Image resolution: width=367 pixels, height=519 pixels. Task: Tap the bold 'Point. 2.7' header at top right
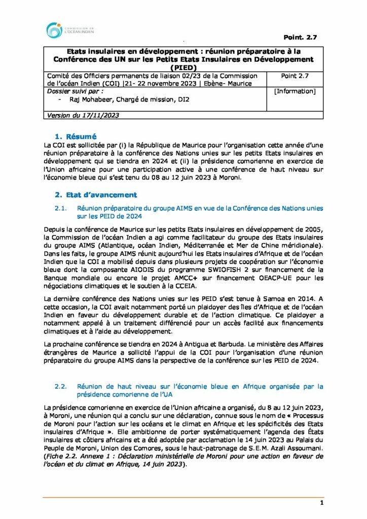299,38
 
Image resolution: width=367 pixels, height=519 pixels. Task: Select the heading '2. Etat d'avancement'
95,194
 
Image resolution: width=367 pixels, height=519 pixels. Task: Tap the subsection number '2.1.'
61,208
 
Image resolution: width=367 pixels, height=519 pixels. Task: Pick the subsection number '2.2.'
61,386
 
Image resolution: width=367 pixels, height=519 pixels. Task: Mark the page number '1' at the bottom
321,503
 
